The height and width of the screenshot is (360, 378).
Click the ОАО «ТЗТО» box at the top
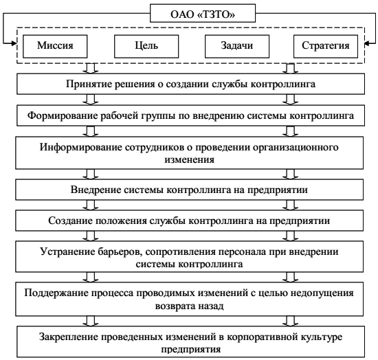(203, 13)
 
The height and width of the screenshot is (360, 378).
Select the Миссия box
(55, 46)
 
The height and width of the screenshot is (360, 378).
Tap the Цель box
(146, 46)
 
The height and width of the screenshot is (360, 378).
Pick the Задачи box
(237, 46)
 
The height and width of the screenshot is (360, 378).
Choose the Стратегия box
(326, 46)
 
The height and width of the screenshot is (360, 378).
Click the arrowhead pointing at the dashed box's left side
(14, 43)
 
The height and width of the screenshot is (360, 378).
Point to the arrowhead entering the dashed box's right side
(368, 43)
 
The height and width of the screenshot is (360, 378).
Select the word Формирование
(62, 115)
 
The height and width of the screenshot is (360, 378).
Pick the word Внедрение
(96, 190)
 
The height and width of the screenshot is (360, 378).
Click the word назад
(211, 306)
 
